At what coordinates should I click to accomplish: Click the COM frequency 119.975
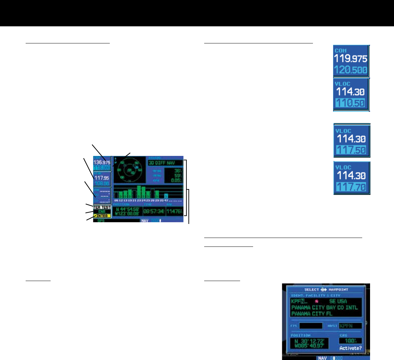(x=351, y=58)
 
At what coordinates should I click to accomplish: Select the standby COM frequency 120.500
(x=351, y=71)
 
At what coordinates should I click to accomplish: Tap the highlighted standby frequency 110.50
(x=351, y=103)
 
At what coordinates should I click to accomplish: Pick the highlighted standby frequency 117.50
(x=351, y=150)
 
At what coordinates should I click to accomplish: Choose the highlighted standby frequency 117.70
(x=351, y=187)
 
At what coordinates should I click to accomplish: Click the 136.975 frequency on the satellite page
(x=102, y=162)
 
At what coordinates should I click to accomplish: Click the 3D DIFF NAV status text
(x=162, y=163)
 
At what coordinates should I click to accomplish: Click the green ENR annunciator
(x=102, y=212)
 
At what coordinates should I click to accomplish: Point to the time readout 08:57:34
(x=153, y=211)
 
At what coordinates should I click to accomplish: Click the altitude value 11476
(x=174, y=211)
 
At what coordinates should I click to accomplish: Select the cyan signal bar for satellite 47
(x=166, y=196)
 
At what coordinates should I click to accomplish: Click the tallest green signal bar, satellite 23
(x=139, y=192)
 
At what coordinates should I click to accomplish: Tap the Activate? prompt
(x=350, y=348)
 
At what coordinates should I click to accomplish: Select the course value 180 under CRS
(x=350, y=341)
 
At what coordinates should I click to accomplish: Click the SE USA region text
(x=338, y=301)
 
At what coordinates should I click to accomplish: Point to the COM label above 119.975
(x=341, y=51)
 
